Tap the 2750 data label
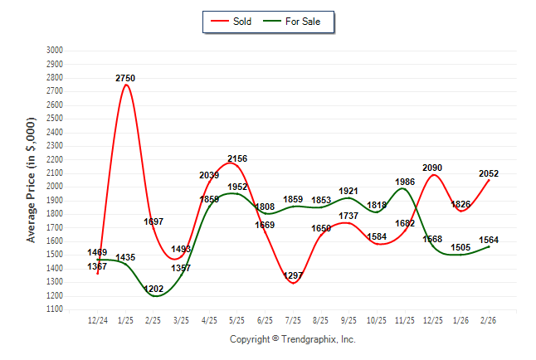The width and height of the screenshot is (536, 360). [125, 78]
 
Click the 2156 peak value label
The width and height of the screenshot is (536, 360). [237, 158]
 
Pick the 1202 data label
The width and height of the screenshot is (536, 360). [153, 289]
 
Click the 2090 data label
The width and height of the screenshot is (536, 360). [432, 168]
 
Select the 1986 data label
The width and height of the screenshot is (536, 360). [405, 182]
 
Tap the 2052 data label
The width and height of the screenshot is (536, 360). [489, 173]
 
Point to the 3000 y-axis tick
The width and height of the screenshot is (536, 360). [55, 51]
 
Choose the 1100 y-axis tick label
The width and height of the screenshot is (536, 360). [55, 309]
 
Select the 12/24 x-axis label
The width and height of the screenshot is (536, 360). [98, 319]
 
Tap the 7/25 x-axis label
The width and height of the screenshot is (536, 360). [293, 319]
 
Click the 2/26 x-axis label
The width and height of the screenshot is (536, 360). [489, 319]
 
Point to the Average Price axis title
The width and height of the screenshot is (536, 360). [32, 180]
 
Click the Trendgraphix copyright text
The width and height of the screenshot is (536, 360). [292, 339]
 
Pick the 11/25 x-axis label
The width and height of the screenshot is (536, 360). [405, 319]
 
